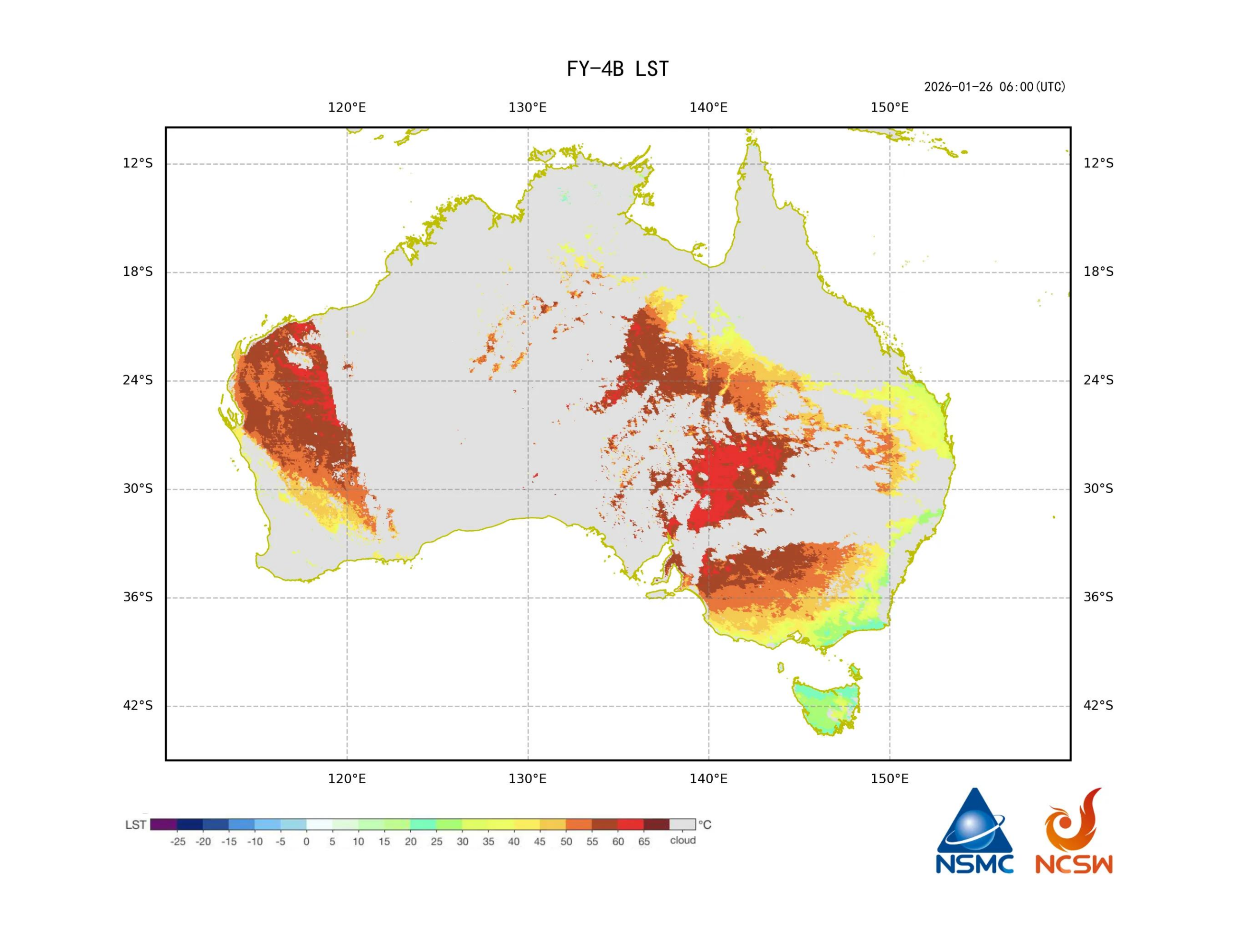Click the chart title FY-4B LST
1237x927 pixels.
(617, 69)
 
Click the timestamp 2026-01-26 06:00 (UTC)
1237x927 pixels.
(994, 87)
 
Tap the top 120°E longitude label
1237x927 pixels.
(347, 107)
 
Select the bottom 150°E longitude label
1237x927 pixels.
(889, 778)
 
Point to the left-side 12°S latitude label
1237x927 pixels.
(138, 163)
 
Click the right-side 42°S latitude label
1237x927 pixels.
(1098, 706)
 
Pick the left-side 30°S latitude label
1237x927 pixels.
(138, 489)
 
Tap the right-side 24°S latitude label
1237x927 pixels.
(1098, 380)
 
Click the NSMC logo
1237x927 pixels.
(974, 832)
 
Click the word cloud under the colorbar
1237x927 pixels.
(683, 840)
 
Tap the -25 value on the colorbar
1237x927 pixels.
(178, 842)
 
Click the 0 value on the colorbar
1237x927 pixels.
(306, 842)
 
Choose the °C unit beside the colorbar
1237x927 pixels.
(705, 824)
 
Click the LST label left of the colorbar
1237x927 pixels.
(136, 824)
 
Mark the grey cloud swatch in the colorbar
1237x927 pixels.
(682, 824)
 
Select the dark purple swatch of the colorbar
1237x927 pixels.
(164, 824)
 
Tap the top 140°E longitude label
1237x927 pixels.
(708, 107)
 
